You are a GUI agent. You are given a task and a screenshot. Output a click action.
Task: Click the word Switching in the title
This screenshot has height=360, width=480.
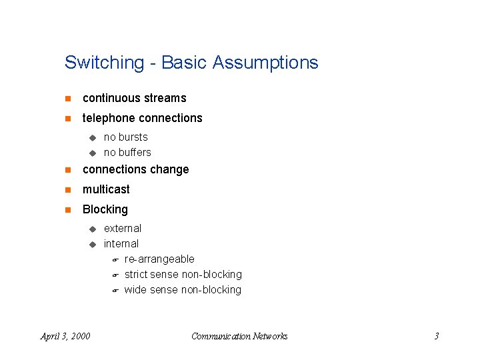coord(104,63)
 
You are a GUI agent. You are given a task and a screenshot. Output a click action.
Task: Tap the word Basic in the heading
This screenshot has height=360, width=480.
coord(185,63)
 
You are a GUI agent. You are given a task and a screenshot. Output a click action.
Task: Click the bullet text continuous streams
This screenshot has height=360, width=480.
coord(134,98)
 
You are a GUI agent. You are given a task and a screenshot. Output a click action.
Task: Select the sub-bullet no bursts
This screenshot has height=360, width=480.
coord(125,137)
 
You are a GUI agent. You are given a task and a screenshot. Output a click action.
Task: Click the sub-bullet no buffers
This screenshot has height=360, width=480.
coord(127,152)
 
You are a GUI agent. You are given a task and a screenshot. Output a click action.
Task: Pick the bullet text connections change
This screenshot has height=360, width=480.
coord(135,169)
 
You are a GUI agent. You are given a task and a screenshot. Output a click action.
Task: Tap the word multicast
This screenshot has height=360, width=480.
coord(106,189)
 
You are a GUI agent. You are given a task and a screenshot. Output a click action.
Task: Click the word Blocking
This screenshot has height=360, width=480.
coord(105,209)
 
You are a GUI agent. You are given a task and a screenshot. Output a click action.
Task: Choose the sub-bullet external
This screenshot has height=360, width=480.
coord(123,228)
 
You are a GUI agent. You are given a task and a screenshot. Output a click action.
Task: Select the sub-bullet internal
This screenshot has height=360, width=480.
coord(121,243)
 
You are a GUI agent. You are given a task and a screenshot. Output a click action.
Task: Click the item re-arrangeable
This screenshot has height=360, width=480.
coord(159,259)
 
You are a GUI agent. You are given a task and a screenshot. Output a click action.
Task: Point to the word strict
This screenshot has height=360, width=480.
coord(136,274)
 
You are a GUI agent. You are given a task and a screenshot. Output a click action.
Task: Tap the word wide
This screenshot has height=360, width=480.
coord(135,289)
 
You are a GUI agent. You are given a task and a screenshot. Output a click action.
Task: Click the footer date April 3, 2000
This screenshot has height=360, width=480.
coord(65,336)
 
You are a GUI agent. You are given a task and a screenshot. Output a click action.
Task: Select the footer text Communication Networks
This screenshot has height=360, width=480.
coord(239,336)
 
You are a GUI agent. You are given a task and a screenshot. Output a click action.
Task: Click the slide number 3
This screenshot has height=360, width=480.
coord(436,336)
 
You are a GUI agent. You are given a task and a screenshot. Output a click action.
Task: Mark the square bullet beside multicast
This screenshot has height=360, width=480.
coord(67,189)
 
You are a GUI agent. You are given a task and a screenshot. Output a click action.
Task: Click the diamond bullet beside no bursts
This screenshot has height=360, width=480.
coord(93,137)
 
